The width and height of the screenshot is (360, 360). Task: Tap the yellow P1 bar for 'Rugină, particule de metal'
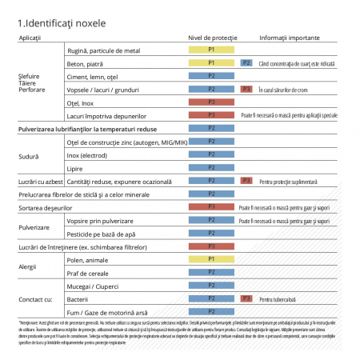point(211,50)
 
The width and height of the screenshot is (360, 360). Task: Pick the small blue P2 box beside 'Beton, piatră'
point(246,62)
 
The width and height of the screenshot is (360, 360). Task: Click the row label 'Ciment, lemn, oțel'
point(93,76)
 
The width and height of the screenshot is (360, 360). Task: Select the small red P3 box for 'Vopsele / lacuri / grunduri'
point(246,89)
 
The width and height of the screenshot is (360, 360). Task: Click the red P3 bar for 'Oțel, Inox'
point(211,102)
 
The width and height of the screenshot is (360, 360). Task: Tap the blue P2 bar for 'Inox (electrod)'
point(211,154)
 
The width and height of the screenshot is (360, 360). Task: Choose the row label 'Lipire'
point(75,168)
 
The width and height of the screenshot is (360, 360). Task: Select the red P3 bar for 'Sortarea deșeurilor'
point(211,206)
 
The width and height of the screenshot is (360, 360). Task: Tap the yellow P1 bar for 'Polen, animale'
point(211,259)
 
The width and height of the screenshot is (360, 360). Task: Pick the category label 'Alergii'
point(29,266)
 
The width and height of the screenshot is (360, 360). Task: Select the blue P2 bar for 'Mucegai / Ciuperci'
point(211,285)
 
